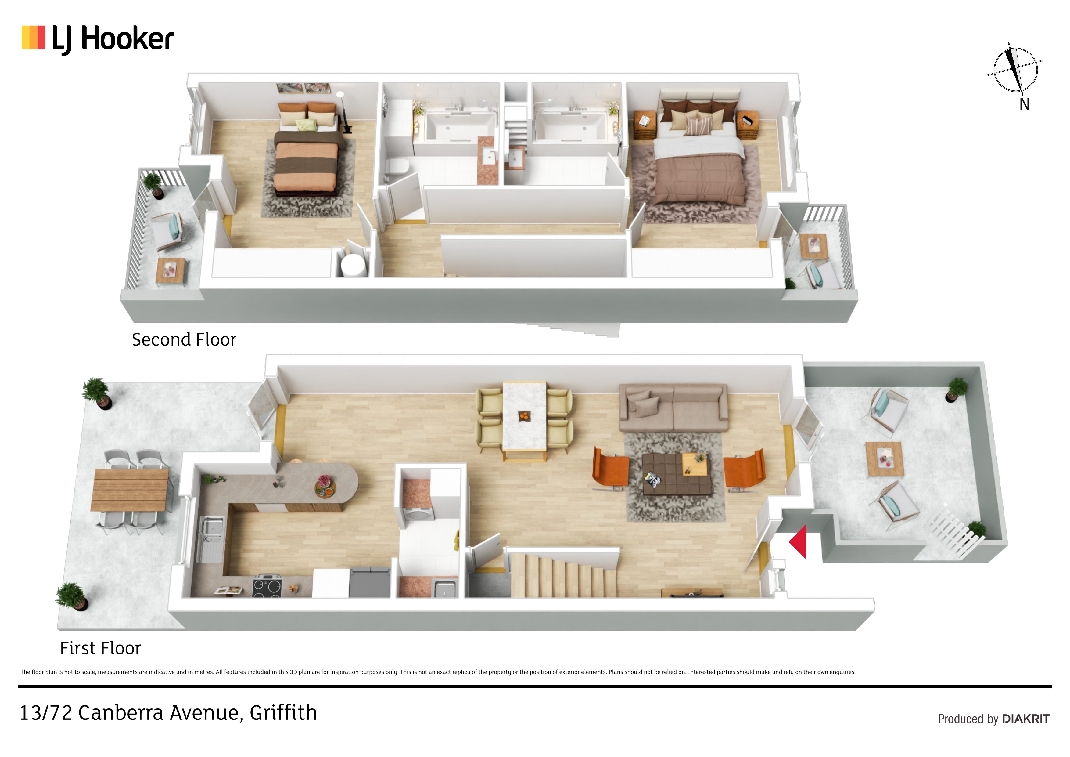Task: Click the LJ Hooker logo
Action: tap(97, 39)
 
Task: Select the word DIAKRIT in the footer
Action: tap(1026, 719)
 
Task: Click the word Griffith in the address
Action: tap(283, 713)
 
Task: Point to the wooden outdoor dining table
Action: tap(130, 490)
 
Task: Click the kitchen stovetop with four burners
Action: tap(267, 586)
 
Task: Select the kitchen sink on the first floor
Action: tap(211, 538)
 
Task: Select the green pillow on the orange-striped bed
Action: tap(307, 125)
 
